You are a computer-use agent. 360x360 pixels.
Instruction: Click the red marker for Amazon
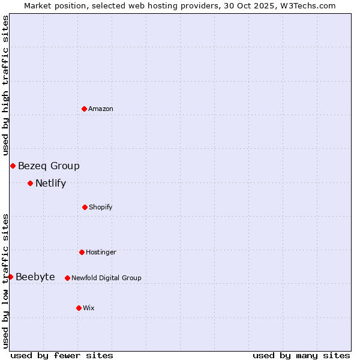click(85, 109)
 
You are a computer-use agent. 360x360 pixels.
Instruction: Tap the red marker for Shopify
click(85, 207)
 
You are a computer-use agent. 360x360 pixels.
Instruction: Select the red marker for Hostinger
click(82, 252)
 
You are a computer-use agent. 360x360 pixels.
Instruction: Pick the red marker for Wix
click(79, 308)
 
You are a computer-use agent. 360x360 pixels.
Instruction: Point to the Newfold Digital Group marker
click(67, 278)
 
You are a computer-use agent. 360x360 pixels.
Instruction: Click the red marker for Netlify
click(30, 183)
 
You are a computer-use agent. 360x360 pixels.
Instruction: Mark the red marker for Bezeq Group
click(13, 166)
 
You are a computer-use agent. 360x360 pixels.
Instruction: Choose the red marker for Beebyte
click(10, 277)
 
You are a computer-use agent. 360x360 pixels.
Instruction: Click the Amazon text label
click(101, 109)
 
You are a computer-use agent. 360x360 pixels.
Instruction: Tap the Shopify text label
click(101, 207)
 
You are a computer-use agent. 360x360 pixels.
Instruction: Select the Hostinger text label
click(101, 252)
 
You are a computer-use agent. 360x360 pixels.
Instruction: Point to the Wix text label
click(89, 308)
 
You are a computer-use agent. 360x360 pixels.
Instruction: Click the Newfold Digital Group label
click(106, 278)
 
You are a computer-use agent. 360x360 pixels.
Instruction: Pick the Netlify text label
click(50, 183)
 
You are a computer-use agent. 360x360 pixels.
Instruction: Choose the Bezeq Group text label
click(49, 166)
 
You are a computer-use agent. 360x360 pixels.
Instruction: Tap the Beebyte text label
click(35, 277)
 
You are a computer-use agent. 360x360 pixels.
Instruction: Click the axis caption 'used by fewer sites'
click(62, 355)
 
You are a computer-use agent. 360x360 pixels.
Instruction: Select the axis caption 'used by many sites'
click(301, 355)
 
